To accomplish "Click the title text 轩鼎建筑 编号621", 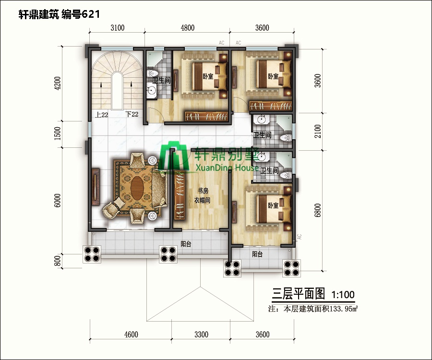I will click(x=59, y=14).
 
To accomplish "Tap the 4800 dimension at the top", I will click(x=188, y=28).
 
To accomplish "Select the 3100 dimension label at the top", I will click(x=118, y=28).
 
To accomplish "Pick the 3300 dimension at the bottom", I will click(x=201, y=335).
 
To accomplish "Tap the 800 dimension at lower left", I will click(x=58, y=261).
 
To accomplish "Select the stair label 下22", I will click(x=132, y=114).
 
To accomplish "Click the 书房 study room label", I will click(x=203, y=192).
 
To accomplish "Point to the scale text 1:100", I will click(x=343, y=293).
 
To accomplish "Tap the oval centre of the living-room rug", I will click(x=136, y=184).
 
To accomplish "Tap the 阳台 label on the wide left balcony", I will click(x=186, y=244).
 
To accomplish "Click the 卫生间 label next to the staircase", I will click(x=162, y=80).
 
